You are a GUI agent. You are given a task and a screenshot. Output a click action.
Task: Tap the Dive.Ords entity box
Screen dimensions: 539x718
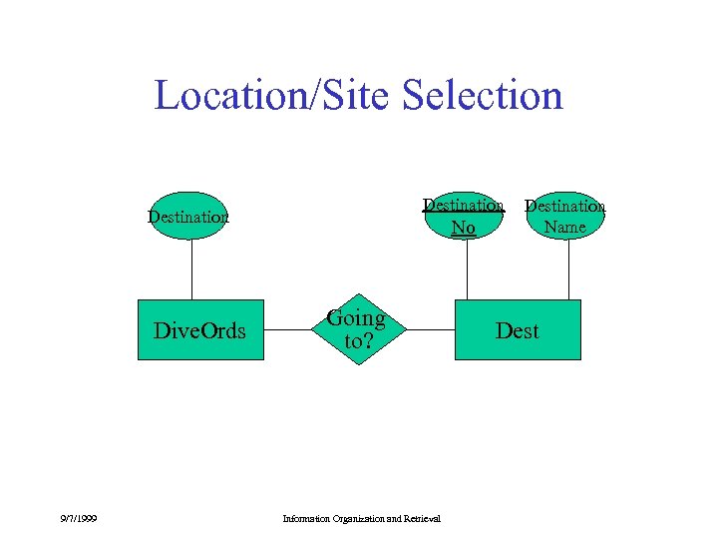[x=199, y=330]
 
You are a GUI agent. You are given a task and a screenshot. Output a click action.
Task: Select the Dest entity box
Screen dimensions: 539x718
[x=517, y=330]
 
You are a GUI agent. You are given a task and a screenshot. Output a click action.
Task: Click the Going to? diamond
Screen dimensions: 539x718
[x=356, y=329]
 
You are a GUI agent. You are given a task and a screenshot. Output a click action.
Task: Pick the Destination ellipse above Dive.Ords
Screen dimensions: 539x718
[x=189, y=216]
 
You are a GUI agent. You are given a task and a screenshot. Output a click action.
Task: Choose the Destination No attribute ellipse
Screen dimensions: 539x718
[x=463, y=217]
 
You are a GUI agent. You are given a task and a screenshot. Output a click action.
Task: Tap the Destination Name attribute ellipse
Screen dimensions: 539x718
[x=565, y=216]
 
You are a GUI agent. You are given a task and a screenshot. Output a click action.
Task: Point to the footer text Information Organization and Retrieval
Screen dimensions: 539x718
[x=362, y=518]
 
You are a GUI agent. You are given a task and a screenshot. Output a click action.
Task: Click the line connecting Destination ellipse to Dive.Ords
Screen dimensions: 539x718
[x=190, y=269]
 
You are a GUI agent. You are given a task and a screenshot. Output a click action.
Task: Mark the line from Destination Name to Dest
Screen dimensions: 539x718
[x=568, y=269]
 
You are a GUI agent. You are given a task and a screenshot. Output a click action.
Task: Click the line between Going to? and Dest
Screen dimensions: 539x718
[x=419, y=329]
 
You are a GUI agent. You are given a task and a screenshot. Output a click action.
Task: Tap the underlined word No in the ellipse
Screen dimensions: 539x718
[x=463, y=228]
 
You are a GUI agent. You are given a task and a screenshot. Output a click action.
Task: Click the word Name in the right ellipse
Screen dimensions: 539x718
[x=565, y=227]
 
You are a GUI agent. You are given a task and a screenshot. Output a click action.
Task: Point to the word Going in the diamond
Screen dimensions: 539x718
[x=356, y=318]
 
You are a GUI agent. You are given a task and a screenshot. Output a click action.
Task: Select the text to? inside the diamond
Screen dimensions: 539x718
[x=356, y=340]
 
